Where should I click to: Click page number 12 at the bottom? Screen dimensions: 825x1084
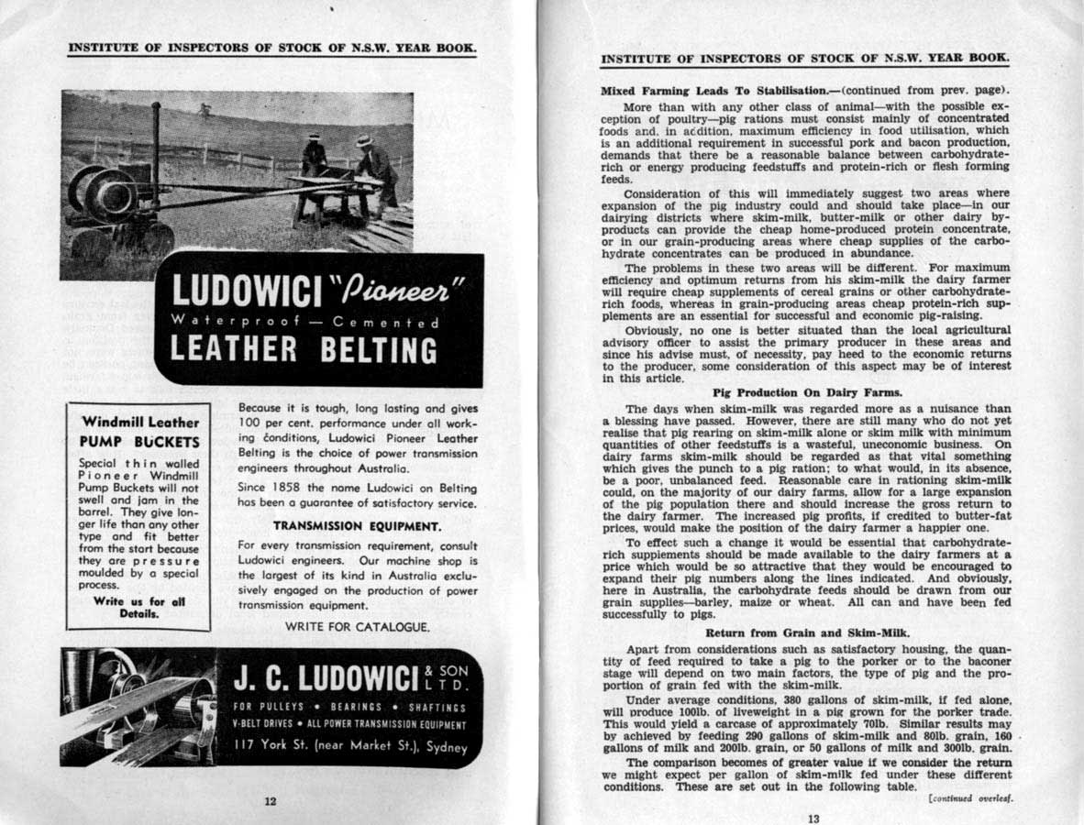tap(270, 800)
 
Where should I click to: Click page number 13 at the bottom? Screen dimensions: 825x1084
tap(813, 819)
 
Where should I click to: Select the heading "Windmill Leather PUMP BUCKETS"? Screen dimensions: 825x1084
tap(139, 431)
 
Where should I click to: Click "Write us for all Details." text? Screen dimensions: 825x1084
tap(139, 608)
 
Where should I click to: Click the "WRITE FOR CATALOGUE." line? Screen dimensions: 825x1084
tap(357, 627)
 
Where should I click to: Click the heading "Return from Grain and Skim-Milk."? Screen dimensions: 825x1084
tap(806, 633)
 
